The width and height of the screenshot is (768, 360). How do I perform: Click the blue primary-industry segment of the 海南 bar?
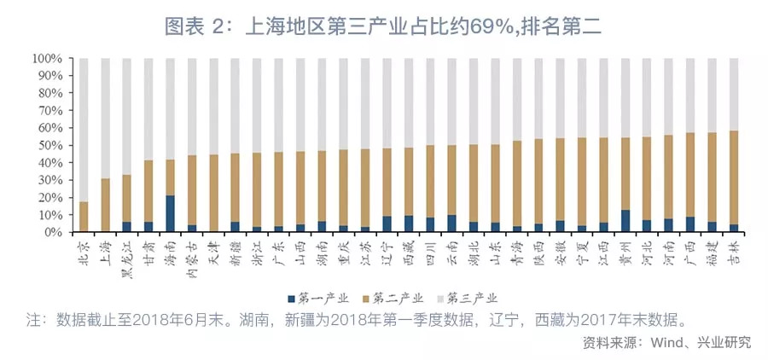coord(170,213)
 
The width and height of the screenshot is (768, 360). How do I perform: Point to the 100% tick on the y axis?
coord(46,59)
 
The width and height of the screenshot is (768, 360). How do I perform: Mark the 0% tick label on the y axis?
coord(53,232)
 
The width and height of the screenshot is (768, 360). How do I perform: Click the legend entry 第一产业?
coord(320,298)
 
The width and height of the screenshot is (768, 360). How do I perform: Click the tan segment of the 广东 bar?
coord(277,189)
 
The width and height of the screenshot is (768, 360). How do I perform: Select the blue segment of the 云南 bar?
coord(451,223)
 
